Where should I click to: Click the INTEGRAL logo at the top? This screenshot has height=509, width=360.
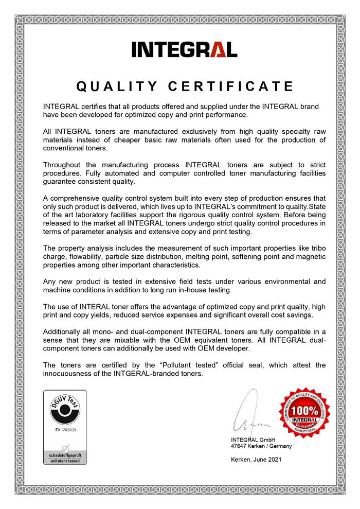pyautogui.click(x=184, y=49)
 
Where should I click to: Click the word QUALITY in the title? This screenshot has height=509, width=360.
pyautogui.click(x=110, y=86)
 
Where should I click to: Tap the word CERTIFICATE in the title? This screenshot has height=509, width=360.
pyautogui.click(x=231, y=86)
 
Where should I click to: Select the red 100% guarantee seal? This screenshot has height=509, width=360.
pyautogui.click(x=304, y=413)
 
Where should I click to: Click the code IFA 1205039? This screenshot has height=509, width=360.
pyautogui.click(x=64, y=429)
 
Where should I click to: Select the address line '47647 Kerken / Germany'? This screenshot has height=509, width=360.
pyautogui.click(x=261, y=446)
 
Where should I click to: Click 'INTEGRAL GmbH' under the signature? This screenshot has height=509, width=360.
pyautogui.click(x=253, y=440)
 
